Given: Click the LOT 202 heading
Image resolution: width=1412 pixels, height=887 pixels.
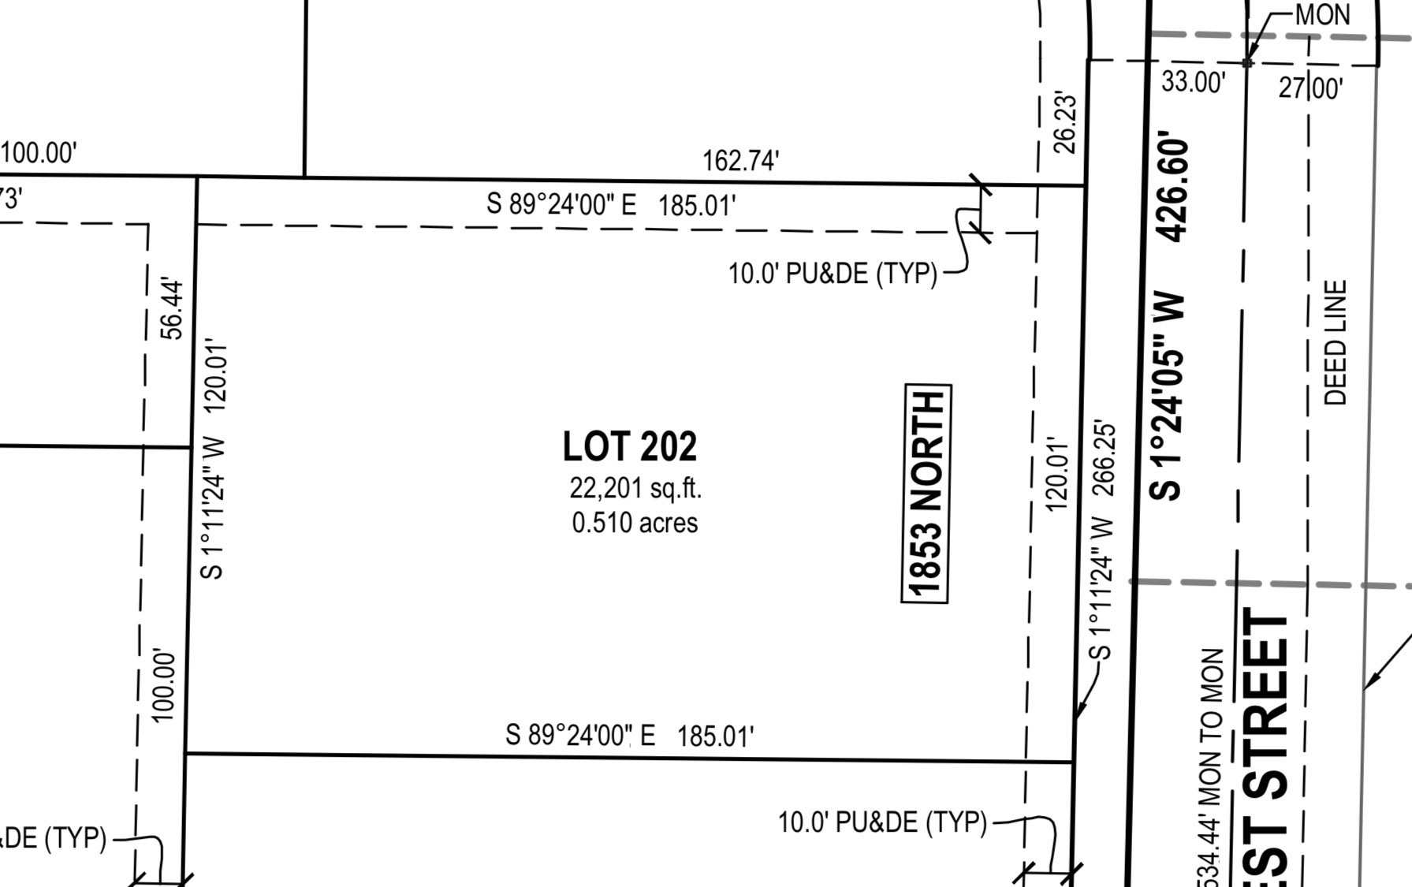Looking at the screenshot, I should (x=629, y=446).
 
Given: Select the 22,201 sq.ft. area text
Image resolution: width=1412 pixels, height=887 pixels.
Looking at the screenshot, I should (x=635, y=488).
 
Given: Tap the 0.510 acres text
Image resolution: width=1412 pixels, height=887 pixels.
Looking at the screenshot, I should (x=635, y=523).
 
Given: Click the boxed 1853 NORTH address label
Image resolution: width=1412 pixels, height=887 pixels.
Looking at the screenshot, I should (x=926, y=494).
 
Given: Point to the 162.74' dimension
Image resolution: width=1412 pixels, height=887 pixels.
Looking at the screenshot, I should (x=740, y=161).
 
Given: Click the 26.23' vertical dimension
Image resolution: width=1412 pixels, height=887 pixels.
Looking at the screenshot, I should (x=1064, y=123).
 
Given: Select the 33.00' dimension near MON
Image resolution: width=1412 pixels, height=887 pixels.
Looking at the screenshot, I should (x=1193, y=81).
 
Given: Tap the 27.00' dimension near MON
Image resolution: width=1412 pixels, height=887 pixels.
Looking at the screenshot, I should (x=1310, y=87).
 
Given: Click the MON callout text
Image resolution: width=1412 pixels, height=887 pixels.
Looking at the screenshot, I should (x=1322, y=15).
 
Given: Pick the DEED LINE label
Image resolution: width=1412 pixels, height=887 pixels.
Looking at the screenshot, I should (x=1335, y=342).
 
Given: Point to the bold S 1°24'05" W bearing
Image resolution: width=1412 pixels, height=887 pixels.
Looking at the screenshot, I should (x=1167, y=396).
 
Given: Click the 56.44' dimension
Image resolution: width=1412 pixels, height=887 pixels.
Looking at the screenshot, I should (x=172, y=308).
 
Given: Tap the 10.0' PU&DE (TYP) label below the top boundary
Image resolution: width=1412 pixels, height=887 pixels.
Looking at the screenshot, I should (x=832, y=274).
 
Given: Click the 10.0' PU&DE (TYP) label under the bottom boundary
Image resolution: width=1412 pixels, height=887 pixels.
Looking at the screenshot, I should (x=881, y=822).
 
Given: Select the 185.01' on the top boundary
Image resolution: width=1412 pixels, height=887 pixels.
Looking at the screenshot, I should (x=697, y=206).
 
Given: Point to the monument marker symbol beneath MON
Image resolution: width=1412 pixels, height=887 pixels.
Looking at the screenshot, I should (x=1247, y=62).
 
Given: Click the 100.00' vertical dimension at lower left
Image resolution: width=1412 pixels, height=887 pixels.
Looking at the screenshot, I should (x=162, y=685).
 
